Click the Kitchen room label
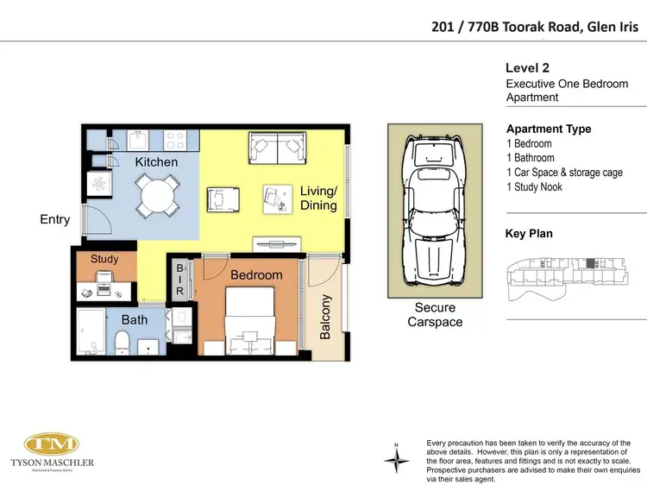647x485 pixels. [x=157, y=162]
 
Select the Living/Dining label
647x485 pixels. [x=318, y=198]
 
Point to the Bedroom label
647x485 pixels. [x=257, y=274]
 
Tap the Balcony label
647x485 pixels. [x=325, y=316]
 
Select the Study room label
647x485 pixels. [x=104, y=259]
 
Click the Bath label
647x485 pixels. [x=134, y=319]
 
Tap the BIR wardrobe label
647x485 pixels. [x=179, y=280]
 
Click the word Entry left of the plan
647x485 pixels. [x=54, y=220]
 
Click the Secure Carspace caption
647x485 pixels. [x=434, y=315]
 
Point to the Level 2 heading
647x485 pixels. [x=527, y=68]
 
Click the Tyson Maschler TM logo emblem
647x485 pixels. [x=51, y=445]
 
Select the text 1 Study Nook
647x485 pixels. [x=541, y=187]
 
